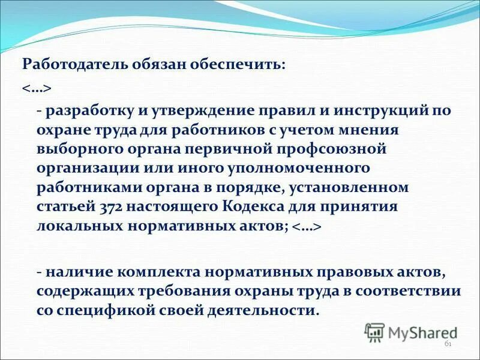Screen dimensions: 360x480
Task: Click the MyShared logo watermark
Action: click(412, 332)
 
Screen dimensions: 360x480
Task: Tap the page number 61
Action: click(447, 344)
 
